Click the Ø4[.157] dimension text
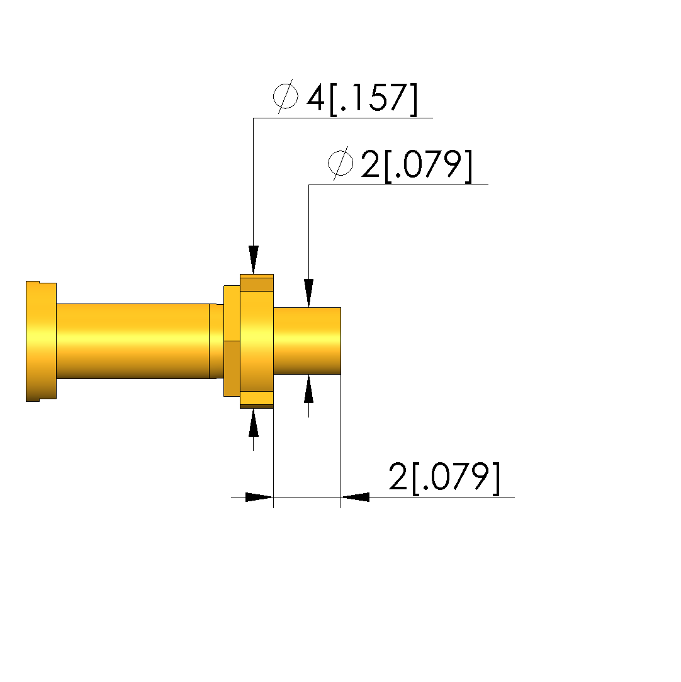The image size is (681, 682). click(345, 98)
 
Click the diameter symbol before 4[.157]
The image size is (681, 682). click(286, 96)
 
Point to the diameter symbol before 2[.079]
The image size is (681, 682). click(340, 164)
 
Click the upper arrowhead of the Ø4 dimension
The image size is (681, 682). click(254, 260)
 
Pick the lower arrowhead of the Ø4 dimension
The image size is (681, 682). click(254, 423)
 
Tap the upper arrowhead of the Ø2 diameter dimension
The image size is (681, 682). click(308, 293)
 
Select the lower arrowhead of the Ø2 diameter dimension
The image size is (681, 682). click(308, 389)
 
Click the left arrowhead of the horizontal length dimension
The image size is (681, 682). click(259, 497)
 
